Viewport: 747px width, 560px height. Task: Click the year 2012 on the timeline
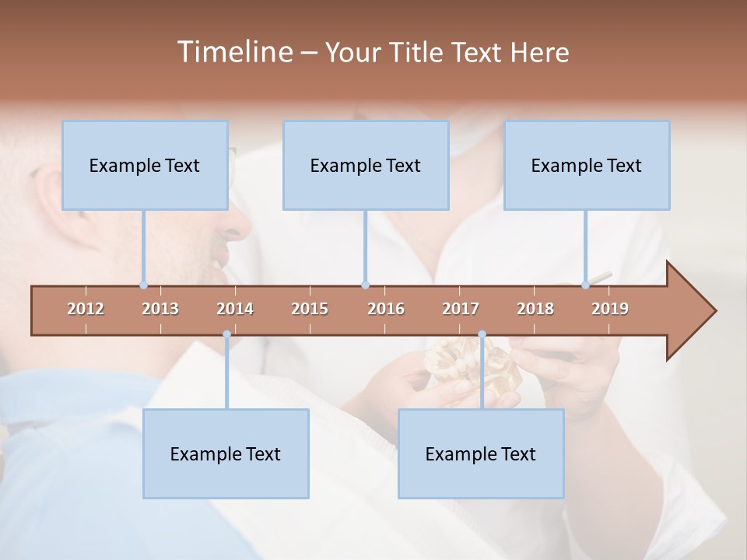tap(86, 309)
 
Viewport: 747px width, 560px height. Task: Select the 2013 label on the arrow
tap(160, 309)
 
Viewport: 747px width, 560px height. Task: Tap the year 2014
tap(235, 309)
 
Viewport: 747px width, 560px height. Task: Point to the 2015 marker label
tap(310, 309)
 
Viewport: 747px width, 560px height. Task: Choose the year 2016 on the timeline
tap(386, 309)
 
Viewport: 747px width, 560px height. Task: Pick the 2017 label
tap(461, 309)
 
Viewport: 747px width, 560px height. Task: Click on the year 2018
tap(535, 309)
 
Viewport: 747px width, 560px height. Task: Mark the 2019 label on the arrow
tap(610, 309)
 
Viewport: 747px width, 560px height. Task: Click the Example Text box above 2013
tap(145, 166)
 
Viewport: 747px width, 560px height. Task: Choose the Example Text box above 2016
tap(366, 166)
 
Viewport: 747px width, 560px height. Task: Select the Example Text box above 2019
tap(587, 166)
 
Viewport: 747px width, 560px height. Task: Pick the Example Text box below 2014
tap(226, 454)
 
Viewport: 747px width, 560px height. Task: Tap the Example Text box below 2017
tap(481, 454)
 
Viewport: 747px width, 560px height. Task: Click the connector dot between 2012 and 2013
tap(143, 285)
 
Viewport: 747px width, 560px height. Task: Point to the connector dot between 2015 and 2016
tap(365, 285)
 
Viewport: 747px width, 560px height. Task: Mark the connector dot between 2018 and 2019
tap(586, 285)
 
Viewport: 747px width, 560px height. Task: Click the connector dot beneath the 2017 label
tap(482, 334)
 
